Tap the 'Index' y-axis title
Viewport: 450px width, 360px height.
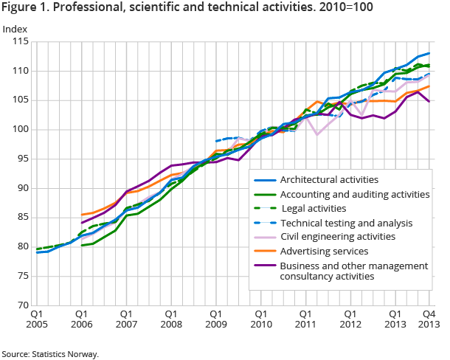tap(16, 30)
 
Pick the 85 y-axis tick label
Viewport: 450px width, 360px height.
tap(21, 217)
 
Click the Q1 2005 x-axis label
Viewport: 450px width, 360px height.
tap(36, 318)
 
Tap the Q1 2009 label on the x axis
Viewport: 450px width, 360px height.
tap(216, 318)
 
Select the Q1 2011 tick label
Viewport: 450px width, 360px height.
tap(306, 318)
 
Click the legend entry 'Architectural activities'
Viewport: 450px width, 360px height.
tap(329, 179)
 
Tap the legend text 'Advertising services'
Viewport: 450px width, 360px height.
tap(325, 251)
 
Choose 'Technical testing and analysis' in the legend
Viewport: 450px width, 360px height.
tap(346, 222)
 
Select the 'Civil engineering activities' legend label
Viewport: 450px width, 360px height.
tap(339, 237)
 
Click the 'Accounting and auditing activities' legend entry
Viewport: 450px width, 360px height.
tap(355, 194)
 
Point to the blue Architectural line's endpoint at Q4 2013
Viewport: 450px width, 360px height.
tap(429, 53)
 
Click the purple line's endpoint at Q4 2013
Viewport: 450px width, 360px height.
tap(429, 102)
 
